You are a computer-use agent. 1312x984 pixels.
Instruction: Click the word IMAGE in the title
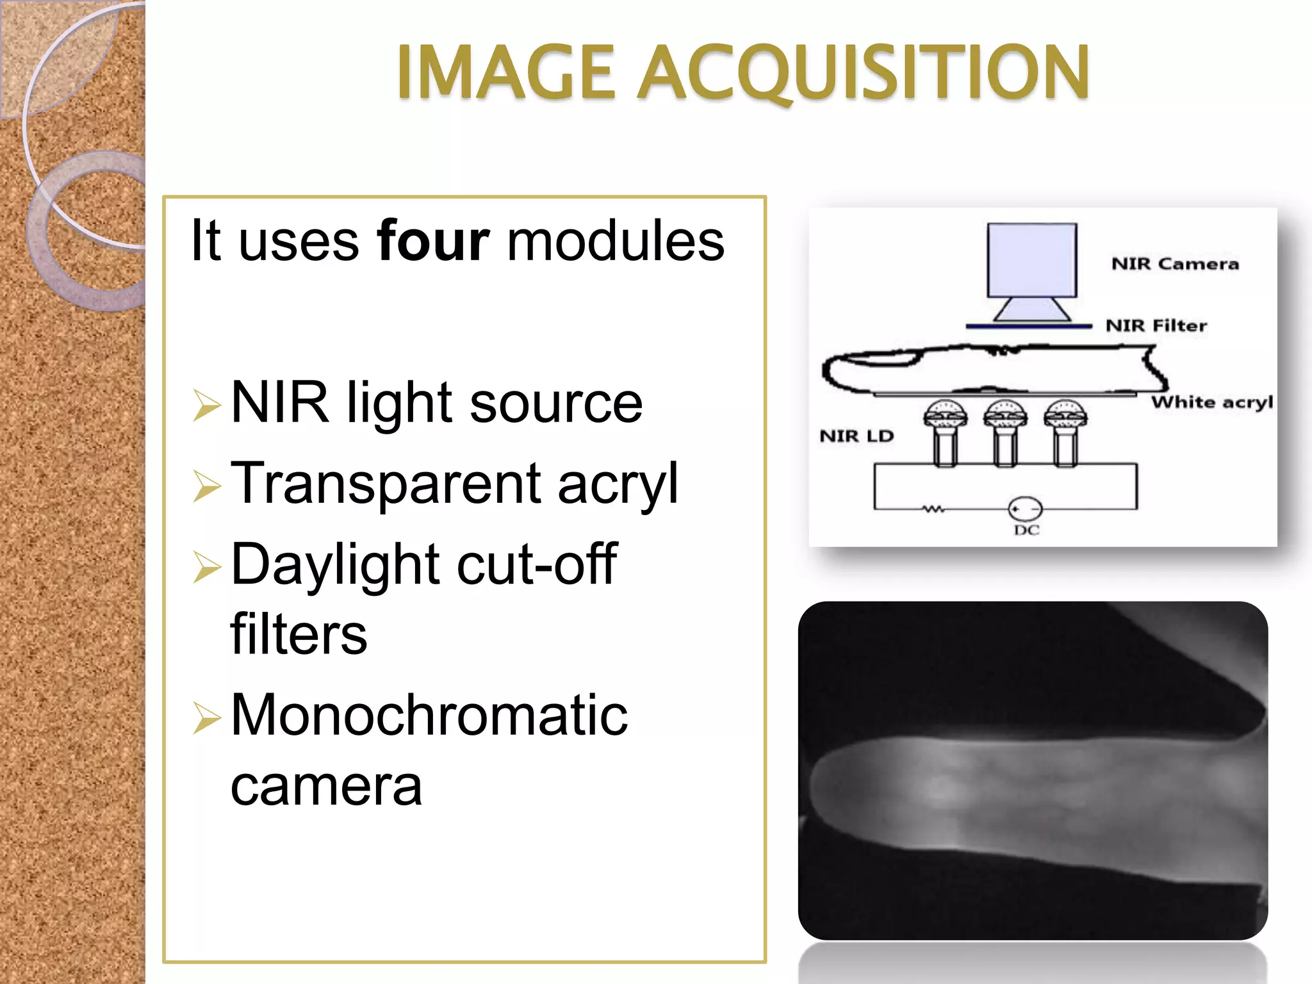coord(505,72)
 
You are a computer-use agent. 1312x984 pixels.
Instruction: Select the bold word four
coord(433,241)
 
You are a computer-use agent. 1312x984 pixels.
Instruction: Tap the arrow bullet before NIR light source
coord(206,406)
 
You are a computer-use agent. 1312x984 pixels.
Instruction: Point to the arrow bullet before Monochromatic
coord(206,718)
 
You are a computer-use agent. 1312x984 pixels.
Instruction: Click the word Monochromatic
coord(429,715)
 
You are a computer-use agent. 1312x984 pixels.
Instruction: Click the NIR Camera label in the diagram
coord(1175,264)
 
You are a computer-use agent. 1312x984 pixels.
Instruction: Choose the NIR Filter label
coord(1156,325)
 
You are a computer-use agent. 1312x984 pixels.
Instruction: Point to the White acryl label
coord(1211,402)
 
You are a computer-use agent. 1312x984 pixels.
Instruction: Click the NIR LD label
coord(857,436)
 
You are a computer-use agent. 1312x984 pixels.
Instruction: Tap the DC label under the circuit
coord(1026,530)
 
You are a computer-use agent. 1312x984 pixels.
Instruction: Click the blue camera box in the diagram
coord(1031,259)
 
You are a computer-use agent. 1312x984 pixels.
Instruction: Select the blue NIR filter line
coord(1029,327)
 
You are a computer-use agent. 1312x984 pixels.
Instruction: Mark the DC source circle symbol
coord(1025,509)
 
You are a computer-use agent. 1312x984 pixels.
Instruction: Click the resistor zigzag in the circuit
coord(933,509)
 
